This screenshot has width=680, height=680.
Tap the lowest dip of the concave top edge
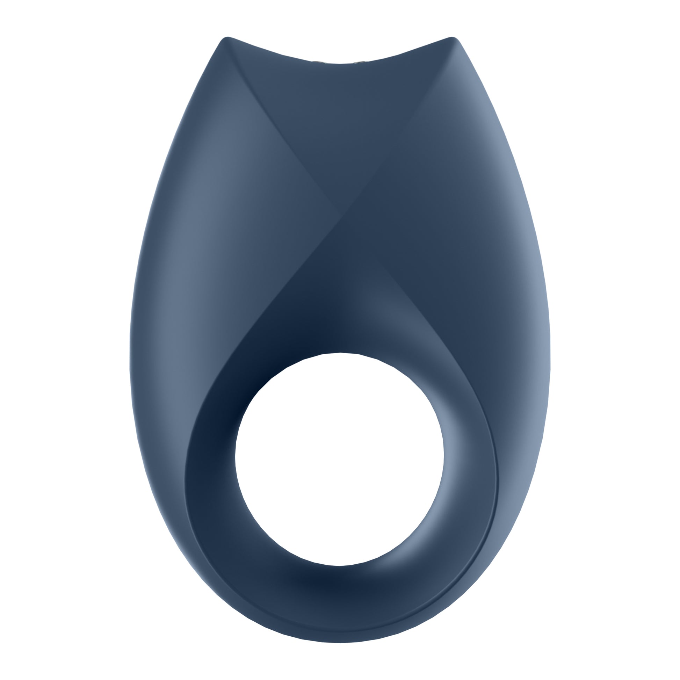tap(340, 64)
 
